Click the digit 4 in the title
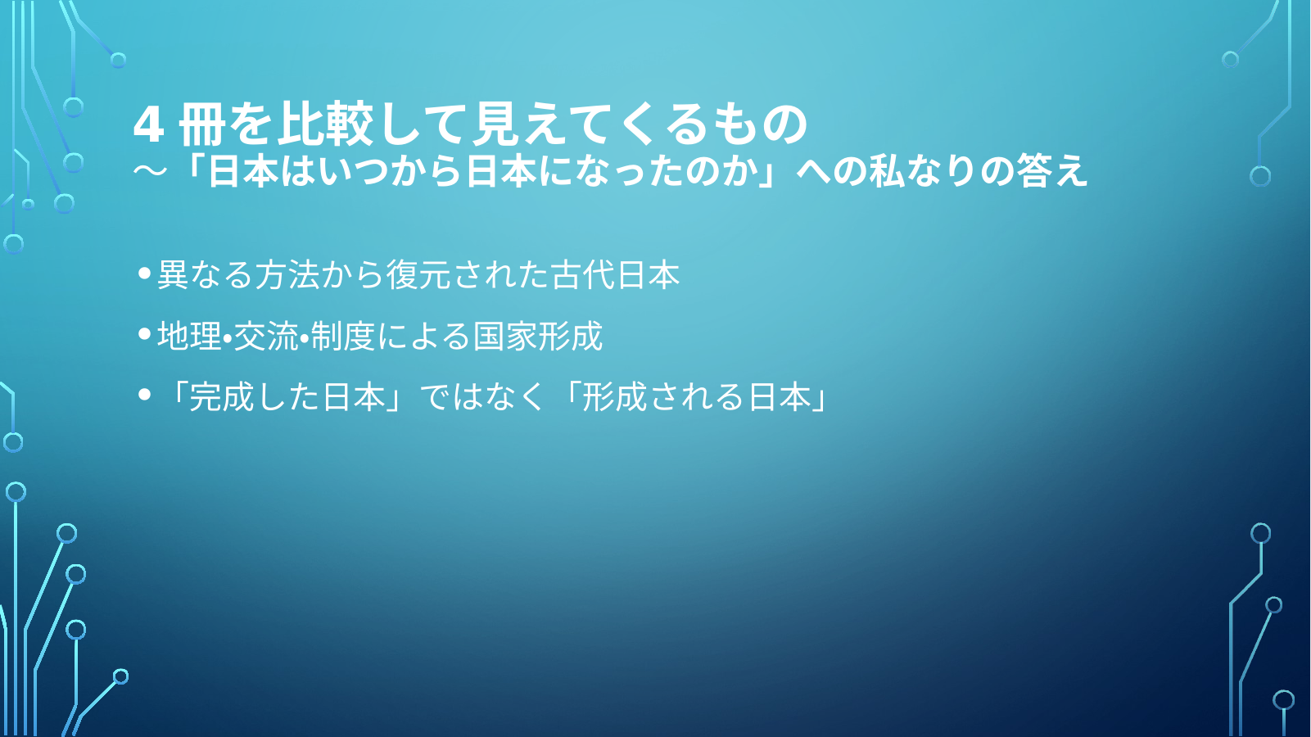tap(148, 124)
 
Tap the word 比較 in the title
tap(325, 124)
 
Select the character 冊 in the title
tap(202, 124)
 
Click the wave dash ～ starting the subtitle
tap(151, 171)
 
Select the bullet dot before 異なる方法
tap(144, 273)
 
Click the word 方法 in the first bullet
tap(287, 274)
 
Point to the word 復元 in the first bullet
tap(418, 274)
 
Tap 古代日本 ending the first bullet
tap(616, 274)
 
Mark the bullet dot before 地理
tap(144, 334)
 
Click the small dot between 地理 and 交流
tap(228, 337)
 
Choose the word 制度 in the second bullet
tap(343, 336)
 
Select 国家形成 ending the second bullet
tap(538, 336)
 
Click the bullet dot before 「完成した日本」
tap(144, 396)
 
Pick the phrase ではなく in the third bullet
tap(481, 397)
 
